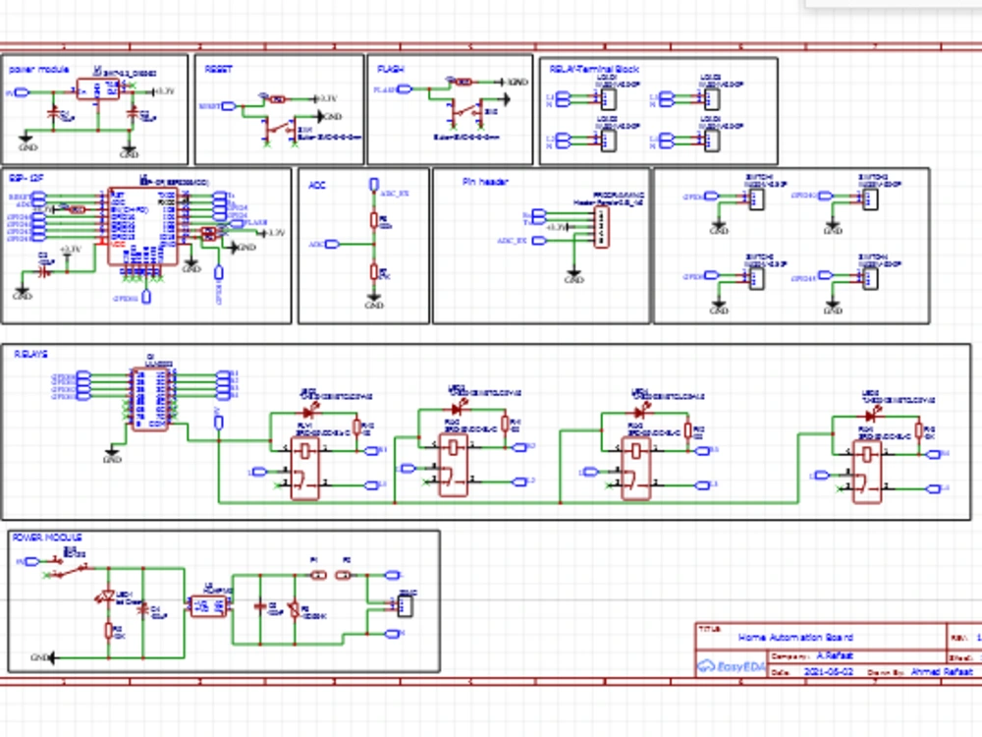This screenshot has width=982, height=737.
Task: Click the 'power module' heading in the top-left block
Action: pyautogui.click(x=38, y=69)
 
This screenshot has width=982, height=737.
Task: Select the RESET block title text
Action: pyautogui.click(x=215, y=69)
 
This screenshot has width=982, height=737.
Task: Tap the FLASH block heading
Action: pyautogui.click(x=390, y=69)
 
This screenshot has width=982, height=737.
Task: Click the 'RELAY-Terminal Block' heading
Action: pyautogui.click(x=593, y=69)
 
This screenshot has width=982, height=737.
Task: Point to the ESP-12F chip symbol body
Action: pyautogui.click(x=142, y=225)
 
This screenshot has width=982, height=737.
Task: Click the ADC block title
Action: pyautogui.click(x=317, y=184)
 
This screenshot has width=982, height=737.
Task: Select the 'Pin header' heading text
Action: pyautogui.click(x=485, y=182)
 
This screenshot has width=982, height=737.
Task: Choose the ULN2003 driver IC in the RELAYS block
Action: pyautogui.click(x=152, y=395)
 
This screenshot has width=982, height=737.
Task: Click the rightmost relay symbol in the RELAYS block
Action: pyautogui.click(x=868, y=471)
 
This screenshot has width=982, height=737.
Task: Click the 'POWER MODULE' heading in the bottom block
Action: pyautogui.click(x=46, y=538)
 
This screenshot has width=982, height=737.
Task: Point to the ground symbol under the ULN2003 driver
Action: pyautogui.click(x=112, y=456)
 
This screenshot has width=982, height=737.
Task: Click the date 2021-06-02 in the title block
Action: pyautogui.click(x=827, y=672)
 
